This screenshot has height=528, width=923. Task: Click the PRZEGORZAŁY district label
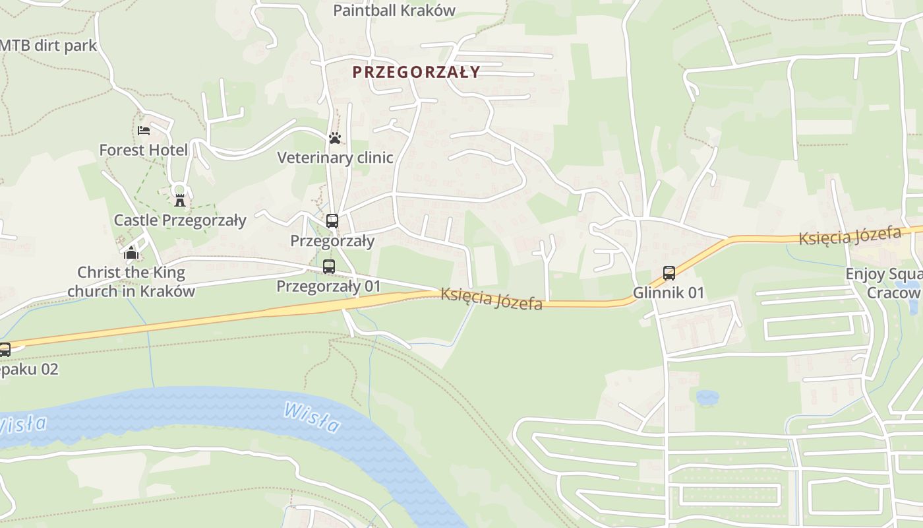click(416, 72)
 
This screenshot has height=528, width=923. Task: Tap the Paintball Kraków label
click(394, 11)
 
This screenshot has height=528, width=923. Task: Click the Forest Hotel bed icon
click(143, 131)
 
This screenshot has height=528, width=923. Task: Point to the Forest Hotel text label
click(143, 150)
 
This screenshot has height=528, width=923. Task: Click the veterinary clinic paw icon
click(335, 138)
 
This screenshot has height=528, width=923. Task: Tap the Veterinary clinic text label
click(335, 158)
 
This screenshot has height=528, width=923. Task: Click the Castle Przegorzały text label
click(180, 220)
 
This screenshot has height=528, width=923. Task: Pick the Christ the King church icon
click(131, 253)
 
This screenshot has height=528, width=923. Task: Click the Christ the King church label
click(131, 282)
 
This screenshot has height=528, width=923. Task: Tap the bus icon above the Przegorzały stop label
click(332, 221)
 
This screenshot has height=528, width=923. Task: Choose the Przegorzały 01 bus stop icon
click(328, 267)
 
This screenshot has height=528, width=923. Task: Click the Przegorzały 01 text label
click(328, 286)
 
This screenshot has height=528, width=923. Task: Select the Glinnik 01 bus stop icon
click(669, 273)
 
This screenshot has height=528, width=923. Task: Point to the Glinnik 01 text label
click(669, 292)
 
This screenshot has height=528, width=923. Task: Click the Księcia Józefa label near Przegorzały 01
click(491, 299)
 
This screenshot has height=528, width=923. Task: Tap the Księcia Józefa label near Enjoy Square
click(850, 235)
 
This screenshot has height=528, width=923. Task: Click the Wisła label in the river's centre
click(312, 417)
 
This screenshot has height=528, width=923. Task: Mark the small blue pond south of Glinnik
click(707, 397)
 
